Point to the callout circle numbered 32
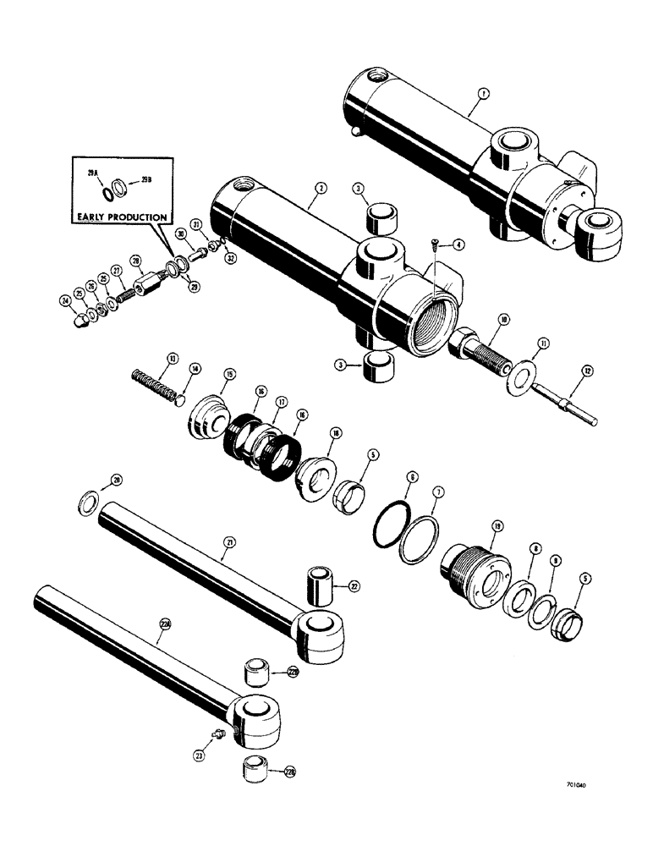pos(229,259)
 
